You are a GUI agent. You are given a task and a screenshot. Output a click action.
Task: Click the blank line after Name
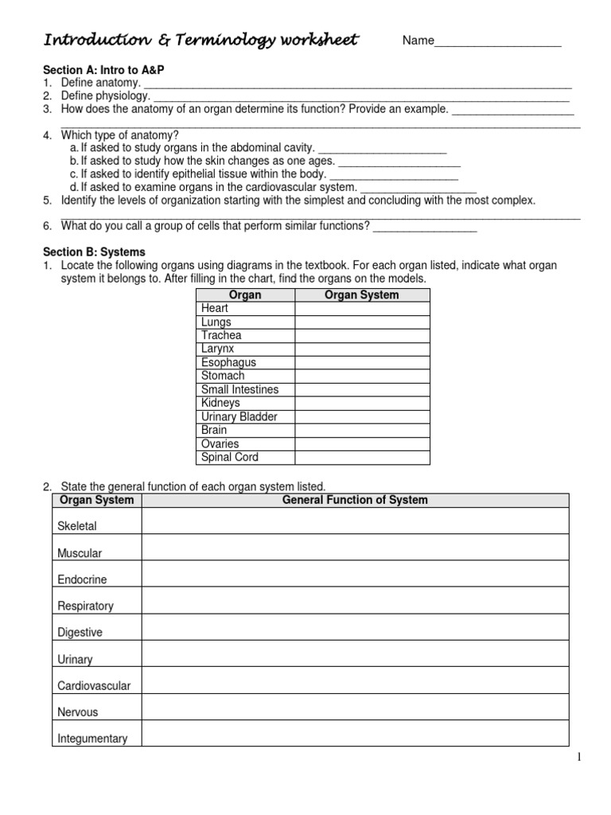pos(498,42)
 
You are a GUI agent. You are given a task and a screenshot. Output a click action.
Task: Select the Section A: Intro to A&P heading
pos(103,70)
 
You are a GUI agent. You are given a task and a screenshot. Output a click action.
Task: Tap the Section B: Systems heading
pos(95,252)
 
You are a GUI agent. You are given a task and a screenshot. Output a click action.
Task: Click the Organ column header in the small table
pos(245,294)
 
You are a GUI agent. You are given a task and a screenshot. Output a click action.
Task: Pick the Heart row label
pos(215,308)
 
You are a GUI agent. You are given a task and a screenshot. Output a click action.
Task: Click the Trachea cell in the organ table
pos(221,335)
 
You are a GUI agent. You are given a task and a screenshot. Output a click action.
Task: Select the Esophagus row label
pos(228,362)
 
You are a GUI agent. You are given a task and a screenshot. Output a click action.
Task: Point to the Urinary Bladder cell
pos(239,416)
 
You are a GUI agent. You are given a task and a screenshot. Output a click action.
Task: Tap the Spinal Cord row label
pos(229,457)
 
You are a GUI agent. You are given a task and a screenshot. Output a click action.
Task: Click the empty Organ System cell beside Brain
pos(362,430)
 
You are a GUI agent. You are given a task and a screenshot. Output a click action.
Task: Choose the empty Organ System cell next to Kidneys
pos(362,403)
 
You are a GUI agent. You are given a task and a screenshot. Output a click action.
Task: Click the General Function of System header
pos(355,500)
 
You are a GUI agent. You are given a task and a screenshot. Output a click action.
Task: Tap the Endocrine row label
pos(82,579)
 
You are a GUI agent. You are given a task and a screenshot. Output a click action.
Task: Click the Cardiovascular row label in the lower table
pos(94,685)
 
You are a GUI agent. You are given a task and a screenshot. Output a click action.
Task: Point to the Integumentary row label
pos(92,739)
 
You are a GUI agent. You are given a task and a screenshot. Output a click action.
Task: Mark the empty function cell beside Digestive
pos(355,627)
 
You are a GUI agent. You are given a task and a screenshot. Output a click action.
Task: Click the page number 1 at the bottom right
pos(580,757)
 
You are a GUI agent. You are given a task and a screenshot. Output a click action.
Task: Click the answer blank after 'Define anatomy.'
pos(357,84)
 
